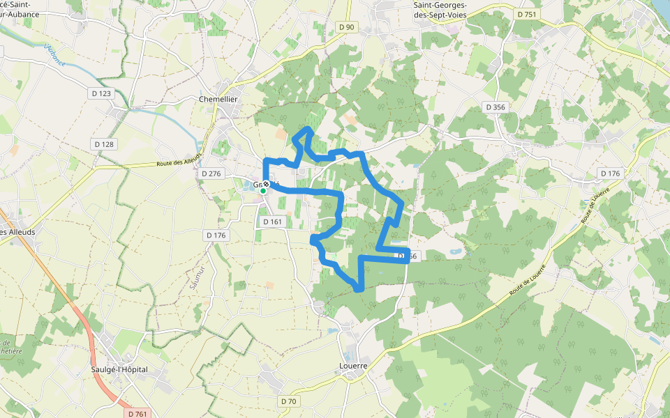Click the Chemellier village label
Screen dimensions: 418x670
[x=218, y=99]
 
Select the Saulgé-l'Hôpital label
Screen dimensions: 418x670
[x=119, y=369]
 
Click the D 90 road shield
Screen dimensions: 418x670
[x=345, y=27]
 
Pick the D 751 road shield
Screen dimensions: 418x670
[x=528, y=14]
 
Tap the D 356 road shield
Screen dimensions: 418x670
[x=495, y=107]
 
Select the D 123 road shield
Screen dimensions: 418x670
[x=101, y=93]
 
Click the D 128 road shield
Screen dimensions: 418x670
[x=104, y=144]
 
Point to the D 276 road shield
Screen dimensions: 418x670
[x=211, y=173]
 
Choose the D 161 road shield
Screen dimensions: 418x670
[x=272, y=222]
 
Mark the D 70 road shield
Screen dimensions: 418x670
[x=289, y=401]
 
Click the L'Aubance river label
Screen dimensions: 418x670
[x=54, y=55]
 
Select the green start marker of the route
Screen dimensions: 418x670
[x=263, y=191]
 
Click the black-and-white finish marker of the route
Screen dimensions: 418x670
[x=266, y=185]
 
